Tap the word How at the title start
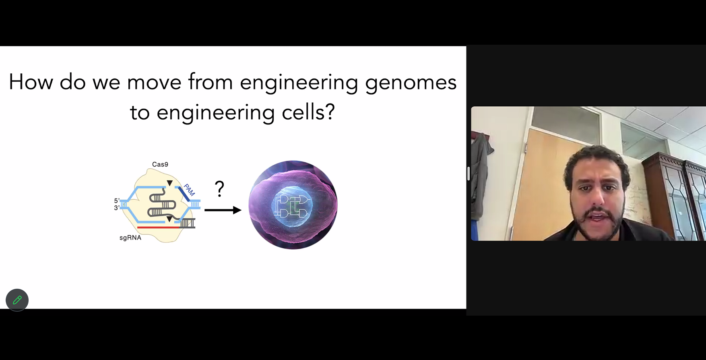31,82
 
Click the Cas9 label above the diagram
160,164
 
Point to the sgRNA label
130,238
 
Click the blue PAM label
189,190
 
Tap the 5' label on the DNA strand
117,201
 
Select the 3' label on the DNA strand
117,208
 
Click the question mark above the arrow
219,188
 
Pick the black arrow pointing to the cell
223,210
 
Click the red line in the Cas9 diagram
159,228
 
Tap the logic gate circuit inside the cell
293,207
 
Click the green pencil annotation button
17,300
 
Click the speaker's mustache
597,212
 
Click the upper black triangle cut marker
170,183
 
